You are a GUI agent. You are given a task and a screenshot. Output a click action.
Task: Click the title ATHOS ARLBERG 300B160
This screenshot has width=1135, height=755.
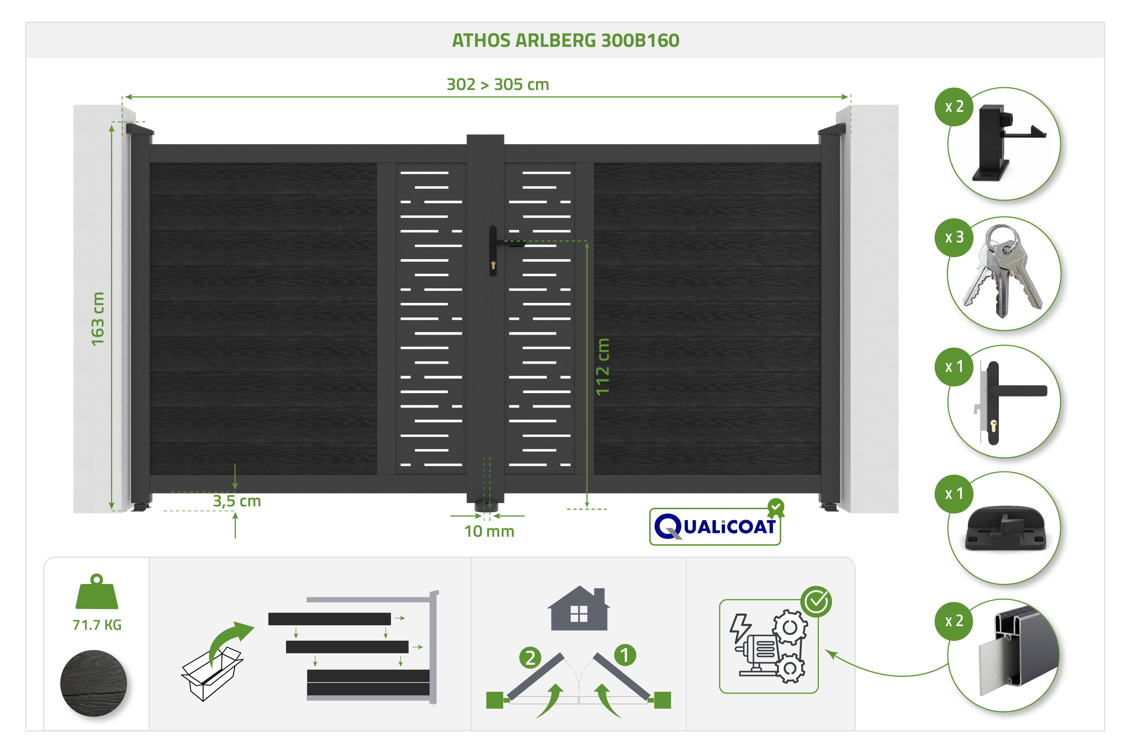[x=565, y=40]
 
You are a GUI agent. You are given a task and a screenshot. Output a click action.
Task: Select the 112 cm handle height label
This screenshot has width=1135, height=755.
[x=603, y=366]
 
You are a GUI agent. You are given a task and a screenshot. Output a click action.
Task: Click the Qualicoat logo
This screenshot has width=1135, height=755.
[x=715, y=524]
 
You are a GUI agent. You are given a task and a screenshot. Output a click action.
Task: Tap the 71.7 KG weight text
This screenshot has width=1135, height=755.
[x=97, y=625]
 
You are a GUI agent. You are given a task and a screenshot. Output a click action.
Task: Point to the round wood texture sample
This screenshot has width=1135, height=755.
[x=93, y=683]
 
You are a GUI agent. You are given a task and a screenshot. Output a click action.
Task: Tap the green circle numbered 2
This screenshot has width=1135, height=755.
[x=530, y=658]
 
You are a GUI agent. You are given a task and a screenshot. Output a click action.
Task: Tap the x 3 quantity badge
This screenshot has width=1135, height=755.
[x=954, y=237]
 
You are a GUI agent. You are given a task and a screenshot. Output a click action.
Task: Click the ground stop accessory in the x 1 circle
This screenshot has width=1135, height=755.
[x=1006, y=528]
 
